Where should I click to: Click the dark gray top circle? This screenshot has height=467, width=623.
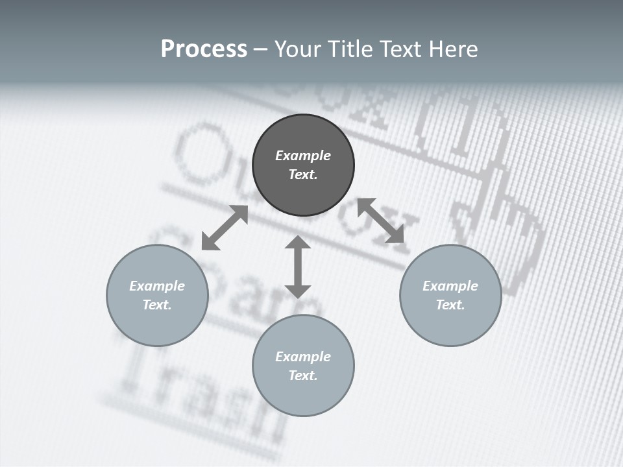(x=303, y=165)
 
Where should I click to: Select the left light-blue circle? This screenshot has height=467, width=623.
(x=157, y=295)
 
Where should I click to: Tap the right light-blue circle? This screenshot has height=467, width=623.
(x=450, y=295)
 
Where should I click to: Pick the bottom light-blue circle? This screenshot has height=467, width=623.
(x=303, y=366)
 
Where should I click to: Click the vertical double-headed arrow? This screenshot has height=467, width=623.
(x=298, y=267)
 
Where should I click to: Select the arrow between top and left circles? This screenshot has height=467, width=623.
(x=225, y=228)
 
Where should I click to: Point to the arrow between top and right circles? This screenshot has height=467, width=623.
(x=381, y=221)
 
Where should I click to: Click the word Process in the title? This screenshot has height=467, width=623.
(x=204, y=49)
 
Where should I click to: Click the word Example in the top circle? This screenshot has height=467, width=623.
(x=303, y=156)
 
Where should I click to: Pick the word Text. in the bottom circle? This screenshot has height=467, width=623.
(x=303, y=376)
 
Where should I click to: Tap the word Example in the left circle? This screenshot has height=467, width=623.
(x=157, y=286)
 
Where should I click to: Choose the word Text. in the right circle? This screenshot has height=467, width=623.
(x=450, y=305)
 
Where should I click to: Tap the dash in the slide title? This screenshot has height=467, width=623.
(x=261, y=50)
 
